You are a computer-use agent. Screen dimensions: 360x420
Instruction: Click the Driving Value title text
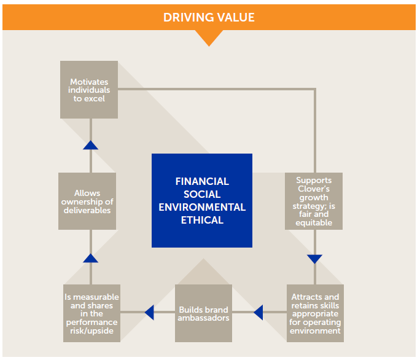pos(209,17)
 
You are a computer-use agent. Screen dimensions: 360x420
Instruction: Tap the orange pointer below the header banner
pos(210,37)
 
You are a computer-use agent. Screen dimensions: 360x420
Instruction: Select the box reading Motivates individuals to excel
pos(89,90)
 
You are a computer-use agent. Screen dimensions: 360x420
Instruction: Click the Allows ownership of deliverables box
pos(87,202)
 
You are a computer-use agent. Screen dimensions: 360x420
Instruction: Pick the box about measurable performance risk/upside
pos(91,313)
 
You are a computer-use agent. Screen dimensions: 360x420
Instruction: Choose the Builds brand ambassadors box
pos(204,313)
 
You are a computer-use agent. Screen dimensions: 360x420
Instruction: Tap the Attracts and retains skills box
pos(315,313)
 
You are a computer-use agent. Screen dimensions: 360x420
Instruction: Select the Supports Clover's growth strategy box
pos(314,202)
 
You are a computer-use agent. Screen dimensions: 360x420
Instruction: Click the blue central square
pos(202,200)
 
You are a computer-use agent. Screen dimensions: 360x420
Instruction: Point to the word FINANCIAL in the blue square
pos(202,182)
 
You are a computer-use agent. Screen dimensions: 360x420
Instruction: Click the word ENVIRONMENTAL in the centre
pos(202,207)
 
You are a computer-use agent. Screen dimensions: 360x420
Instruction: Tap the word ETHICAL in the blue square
pos(202,220)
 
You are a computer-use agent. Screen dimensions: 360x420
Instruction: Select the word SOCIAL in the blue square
pos(202,194)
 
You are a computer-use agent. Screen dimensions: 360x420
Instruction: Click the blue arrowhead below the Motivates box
pos(90,145)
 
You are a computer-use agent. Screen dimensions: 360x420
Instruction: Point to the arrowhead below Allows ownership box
pos(90,258)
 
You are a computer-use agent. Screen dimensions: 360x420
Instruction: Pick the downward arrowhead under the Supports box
pos(314,259)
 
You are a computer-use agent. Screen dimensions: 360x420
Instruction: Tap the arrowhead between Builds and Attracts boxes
pos(259,313)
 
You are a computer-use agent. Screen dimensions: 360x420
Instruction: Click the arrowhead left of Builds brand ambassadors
pos(149,313)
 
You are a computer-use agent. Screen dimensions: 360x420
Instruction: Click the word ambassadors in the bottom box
pos(204,318)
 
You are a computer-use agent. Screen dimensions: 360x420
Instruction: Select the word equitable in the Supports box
pos(314,223)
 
